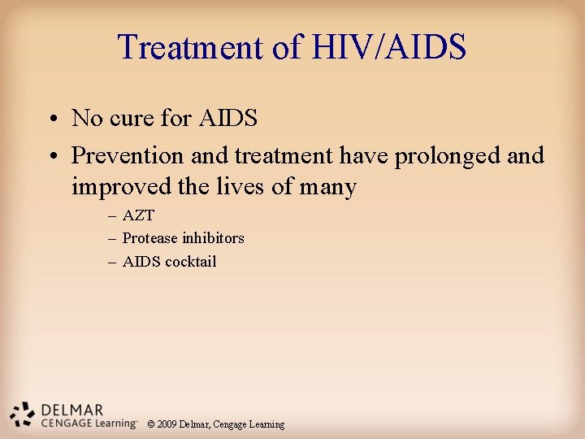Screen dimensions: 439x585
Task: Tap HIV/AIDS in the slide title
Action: coord(388,47)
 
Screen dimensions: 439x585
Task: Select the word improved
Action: coord(123,187)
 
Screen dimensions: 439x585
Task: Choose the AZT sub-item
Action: coord(138,215)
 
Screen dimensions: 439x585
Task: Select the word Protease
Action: coord(149,238)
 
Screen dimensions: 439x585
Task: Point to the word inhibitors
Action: coord(213,238)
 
